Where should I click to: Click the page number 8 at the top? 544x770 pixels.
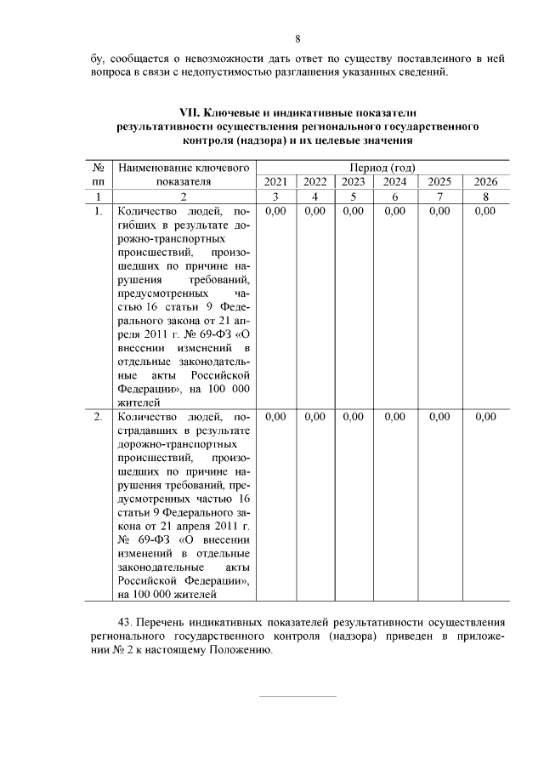[x=297, y=38]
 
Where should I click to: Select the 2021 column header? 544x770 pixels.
[x=275, y=181]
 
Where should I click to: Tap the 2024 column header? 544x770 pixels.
[x=394, y=181]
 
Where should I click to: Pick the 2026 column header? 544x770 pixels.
[x=485, y=181]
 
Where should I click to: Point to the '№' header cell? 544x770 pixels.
[x=99, y=168]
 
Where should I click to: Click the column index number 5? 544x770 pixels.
[x=354, y=197]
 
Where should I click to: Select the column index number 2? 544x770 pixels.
[x=184, y=197]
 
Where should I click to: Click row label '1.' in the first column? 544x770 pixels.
[x=99, y=211]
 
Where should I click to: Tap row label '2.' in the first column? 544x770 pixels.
[x=99, y=417]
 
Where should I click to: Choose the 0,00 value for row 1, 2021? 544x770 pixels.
[x=275, y=211]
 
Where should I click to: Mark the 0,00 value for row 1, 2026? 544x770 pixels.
[x=485, y=211]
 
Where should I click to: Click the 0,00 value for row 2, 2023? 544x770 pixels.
[x=354, y=417]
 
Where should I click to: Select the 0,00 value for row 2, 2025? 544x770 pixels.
[x=439, y=417]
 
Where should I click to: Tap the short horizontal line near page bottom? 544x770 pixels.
[x=297, y=696]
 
